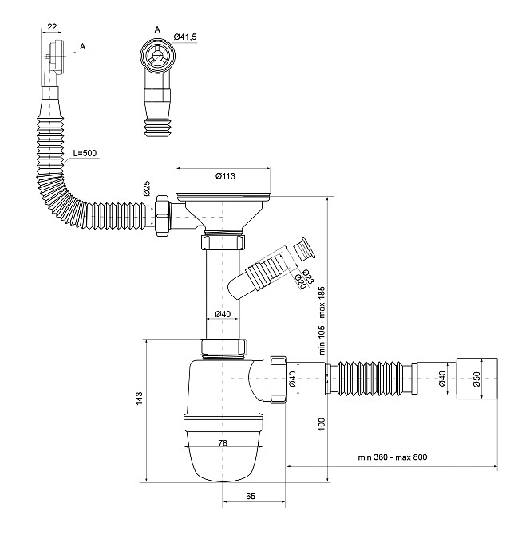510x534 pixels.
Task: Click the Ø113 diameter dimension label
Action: pos(225,176)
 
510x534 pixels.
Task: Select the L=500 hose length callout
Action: pos(85,153)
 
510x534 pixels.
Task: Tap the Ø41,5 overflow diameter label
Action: pos(185,37)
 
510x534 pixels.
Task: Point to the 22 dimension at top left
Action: pos(52,26)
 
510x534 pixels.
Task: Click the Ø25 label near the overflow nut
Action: pos(147,188)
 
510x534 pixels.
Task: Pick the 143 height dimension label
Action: pos(139,399)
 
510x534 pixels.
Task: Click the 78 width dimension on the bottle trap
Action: pos(223,442)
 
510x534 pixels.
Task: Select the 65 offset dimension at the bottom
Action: pos(251,497)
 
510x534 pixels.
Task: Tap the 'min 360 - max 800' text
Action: pos(393,457)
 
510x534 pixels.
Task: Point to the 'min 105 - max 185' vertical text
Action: pos(322,321)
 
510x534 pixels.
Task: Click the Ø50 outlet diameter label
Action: pos(476,379)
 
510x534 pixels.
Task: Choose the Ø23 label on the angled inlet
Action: pos(308,277)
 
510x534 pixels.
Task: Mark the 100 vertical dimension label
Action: pos(322,424)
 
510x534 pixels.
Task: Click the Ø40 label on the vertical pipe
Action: pos(223,314)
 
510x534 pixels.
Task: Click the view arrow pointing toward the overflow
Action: pos(82,53)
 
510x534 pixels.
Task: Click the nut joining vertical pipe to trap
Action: pos(223,347)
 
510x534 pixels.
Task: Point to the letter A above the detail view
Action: pos(157,30)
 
